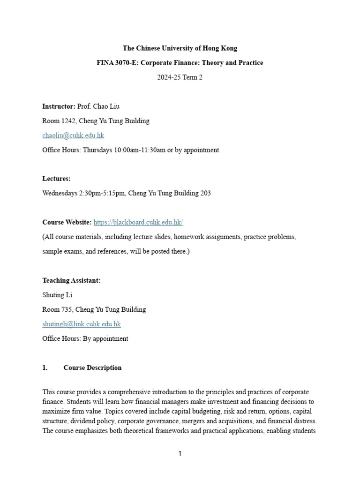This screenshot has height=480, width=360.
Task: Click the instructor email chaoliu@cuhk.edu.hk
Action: pyautogui.click(x=73, y=135)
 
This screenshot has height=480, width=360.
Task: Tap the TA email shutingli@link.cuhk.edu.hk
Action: pyautogui.click(x=82, y=324)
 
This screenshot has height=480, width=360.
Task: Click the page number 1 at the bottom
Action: pyautogui.click(x=180, y=454)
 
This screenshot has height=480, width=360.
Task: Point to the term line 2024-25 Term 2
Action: pyautogui.click(x=180, y=77)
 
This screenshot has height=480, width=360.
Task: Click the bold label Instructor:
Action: pyautogui.click(x=59, y=106)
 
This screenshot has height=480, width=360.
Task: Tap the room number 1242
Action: pyautogui.click(x=68, y=121)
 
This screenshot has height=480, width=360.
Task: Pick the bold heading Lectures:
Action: pyautogui.click(x=57, y=179)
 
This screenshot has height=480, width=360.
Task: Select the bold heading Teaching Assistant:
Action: pyautogui.click(x=71, y=280)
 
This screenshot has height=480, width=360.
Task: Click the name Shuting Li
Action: pyautogui.click(x=57, y=295)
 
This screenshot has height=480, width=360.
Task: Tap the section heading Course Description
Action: pyautogui.click(x=92, y=367)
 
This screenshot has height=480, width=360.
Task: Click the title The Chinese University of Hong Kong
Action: pyautogui.click(x=180, y=48)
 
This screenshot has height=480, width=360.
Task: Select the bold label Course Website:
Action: pyautogui.click(x=67, y=222)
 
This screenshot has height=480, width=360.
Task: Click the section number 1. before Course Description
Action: pyautogui.click(x=45, y=367)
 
